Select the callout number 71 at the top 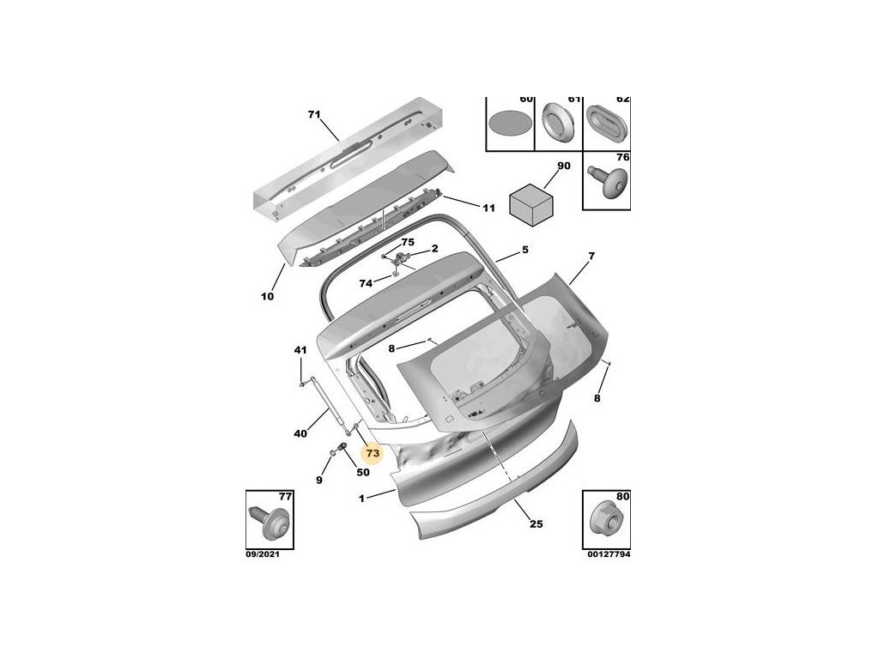[x=313, y=114]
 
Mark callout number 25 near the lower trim [x=536, y=524]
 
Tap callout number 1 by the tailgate [x=362, y=498]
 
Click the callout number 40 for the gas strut [x=300, y=434]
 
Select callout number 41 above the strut [x=300, y=350]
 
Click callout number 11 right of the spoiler [x=488, y=208]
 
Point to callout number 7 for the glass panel [x=591, y=256]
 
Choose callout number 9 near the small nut [x=318, y=481]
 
